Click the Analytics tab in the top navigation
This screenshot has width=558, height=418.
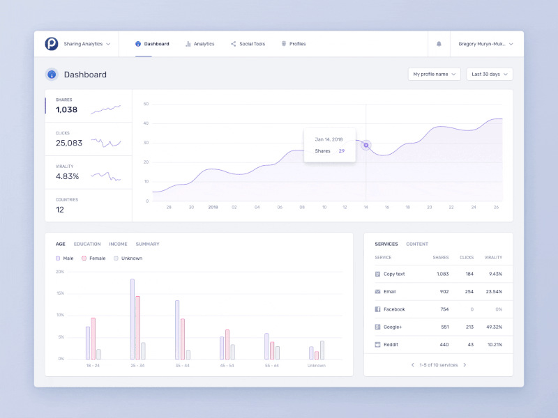point(200,44)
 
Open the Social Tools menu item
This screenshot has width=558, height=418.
point(248,44)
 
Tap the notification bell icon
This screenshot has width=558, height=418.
point(439,44)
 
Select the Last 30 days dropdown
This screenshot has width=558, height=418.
point(489,74)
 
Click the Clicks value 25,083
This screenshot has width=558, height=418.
point(69,143)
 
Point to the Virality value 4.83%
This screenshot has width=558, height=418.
point(68,176)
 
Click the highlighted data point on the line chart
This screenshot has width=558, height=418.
point(366,145)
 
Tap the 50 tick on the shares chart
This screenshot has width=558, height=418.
point(146,104)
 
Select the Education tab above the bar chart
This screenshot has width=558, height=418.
point(87,245)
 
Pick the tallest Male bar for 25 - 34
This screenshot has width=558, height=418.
point(132,319)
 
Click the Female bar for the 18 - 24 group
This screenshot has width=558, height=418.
point(93,339)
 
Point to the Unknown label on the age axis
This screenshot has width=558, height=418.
point(316,365)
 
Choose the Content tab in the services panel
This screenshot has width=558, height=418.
point(417,245)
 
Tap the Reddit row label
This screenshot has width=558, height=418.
point(390,344)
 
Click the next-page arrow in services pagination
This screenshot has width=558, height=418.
point(465,365)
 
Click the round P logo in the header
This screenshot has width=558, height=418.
point(52,44)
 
